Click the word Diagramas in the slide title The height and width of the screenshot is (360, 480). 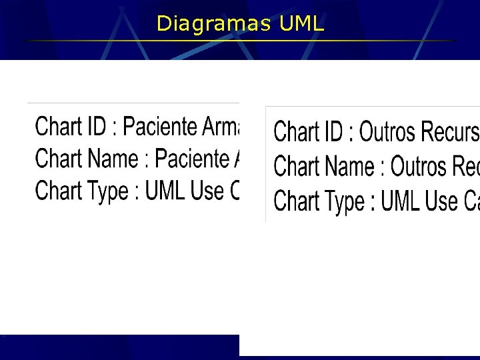(x=213, y=25)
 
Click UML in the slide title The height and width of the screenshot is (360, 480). (x=301, y=25)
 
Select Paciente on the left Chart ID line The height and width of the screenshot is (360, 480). (x=160, y=125)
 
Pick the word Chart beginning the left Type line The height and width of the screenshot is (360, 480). (x=57, y=191)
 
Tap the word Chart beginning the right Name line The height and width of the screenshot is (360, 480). (x=296, y=165)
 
